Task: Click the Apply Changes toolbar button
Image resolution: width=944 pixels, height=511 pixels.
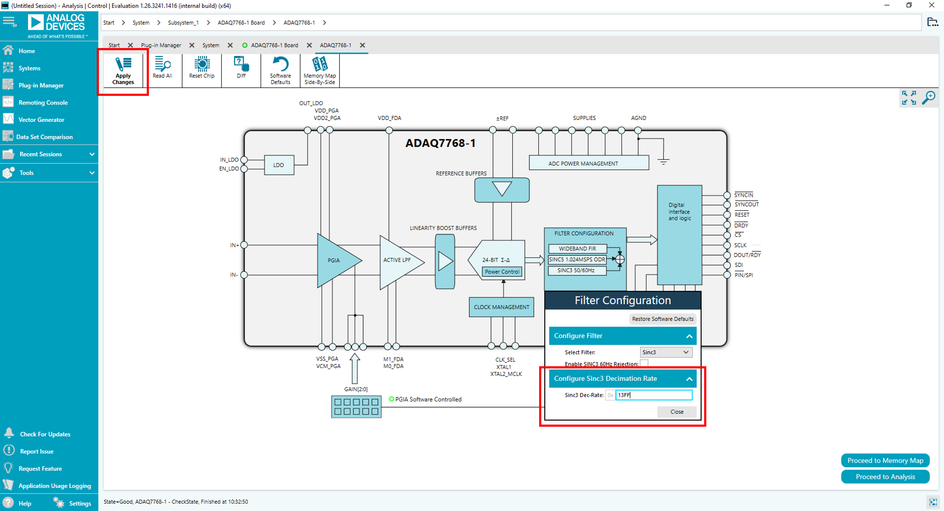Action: [123, 71]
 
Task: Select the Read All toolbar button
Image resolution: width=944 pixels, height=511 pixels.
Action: [162, 68]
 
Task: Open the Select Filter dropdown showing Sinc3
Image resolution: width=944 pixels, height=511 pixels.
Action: [666, 352]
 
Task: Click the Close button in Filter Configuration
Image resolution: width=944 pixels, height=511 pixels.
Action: [676, 412]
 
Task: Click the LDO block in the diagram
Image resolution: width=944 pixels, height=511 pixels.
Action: [278, 165]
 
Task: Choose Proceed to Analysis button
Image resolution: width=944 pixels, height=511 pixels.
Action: [885, 476]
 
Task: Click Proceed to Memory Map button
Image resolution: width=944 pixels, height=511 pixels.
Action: [885, 460]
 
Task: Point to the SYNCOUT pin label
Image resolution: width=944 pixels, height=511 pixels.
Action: [746, 204]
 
